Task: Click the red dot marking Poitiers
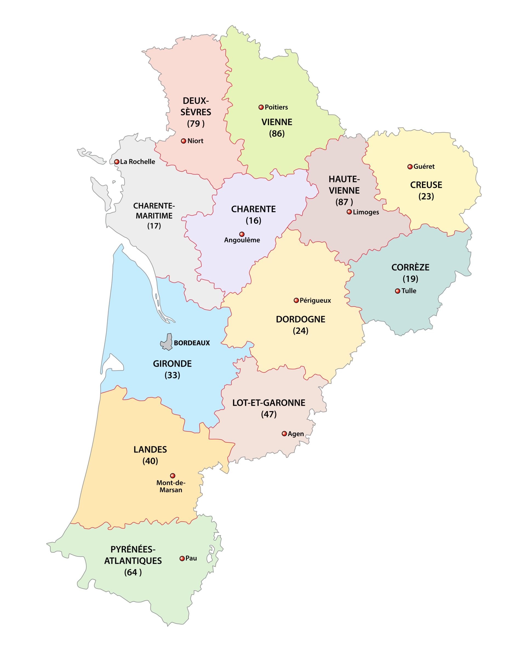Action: [261, 107]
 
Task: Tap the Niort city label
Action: [195, 141]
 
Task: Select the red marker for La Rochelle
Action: [117, 162]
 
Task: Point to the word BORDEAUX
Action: [192, 343]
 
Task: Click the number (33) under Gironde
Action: [172, 375]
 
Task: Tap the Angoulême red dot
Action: [242, 234]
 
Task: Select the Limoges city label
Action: [366, 212]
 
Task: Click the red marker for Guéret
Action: [410, 167]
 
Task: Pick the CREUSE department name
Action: [426, 185]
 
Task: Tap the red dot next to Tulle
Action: [398, 291]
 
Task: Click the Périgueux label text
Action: [315, 301]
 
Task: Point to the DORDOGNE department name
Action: [301, 319]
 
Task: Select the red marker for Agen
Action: [284, 434]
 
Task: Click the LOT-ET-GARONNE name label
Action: [269, 403]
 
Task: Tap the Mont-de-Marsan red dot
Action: [173, 476]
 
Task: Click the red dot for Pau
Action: [182, 559]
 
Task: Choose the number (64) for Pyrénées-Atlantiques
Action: [133, 573]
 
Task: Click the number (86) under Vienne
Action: [277, 134]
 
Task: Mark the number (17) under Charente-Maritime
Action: [154, 226]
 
